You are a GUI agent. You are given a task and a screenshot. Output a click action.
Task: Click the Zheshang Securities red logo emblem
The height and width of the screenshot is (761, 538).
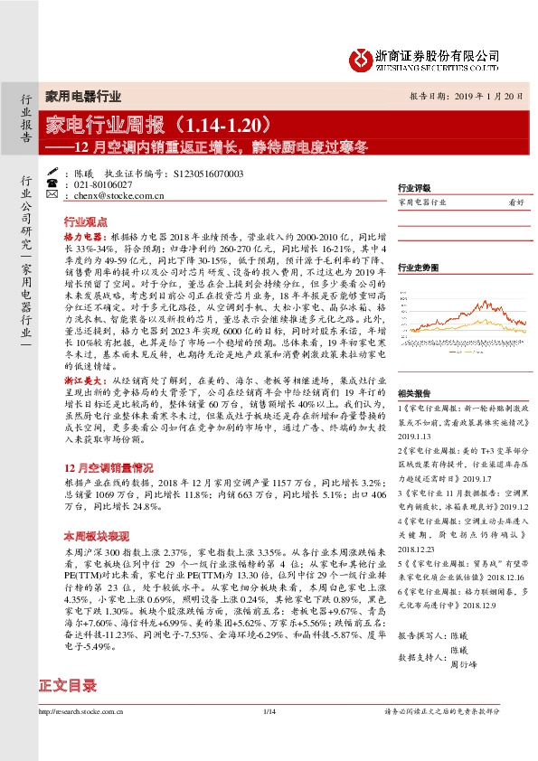point(360,58)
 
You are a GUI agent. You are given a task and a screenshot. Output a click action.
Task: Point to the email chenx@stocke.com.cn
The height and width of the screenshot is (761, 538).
point(117,194)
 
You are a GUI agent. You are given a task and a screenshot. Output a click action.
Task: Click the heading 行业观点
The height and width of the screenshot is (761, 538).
point(86,221)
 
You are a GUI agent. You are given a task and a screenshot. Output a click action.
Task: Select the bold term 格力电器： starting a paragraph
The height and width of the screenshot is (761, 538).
point(83,234)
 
